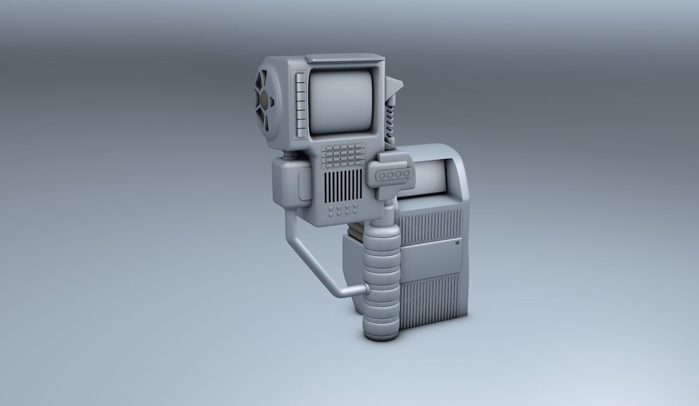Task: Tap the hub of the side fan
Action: click(x=264, y=100)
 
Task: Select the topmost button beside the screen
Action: click(x=300, y=78)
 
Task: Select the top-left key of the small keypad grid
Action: click(x=327, y=148)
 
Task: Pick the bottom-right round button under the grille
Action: click(x=355, y=213)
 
